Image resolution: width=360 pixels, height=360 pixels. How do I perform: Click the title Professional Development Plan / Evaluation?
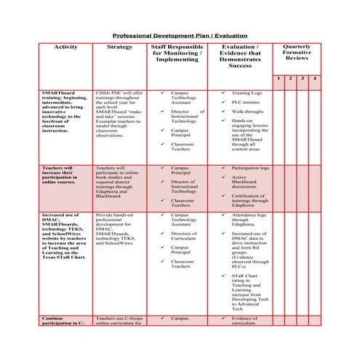[x=179, y=34]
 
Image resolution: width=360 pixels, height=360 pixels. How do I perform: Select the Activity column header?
[x=65, y=47]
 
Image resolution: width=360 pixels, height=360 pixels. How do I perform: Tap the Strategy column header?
[x=119, y=47]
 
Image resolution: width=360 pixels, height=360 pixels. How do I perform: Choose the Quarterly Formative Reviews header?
[x=297, y=53]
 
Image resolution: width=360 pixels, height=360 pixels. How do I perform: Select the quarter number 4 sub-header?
[x=315, y=78]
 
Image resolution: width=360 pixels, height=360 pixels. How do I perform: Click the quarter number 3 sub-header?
[x=303, y=78]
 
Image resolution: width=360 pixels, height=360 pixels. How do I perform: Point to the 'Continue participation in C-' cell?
[x=63, y=321]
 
